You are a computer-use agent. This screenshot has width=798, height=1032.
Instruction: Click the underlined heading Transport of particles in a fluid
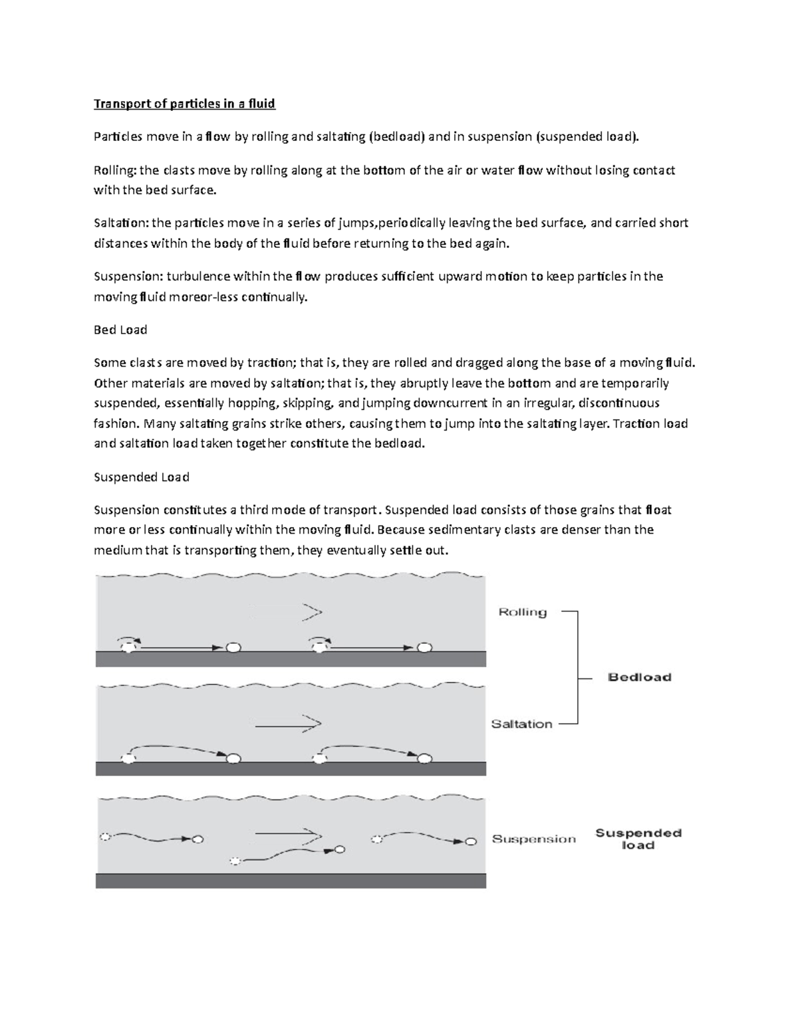(184, 104)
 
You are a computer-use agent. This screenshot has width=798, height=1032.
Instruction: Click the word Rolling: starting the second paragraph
(115, 171)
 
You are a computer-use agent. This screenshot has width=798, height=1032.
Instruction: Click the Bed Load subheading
(120, 330)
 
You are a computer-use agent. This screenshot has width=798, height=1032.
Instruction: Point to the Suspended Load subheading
(141, 477)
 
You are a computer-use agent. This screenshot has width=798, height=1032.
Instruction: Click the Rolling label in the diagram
(522, 612)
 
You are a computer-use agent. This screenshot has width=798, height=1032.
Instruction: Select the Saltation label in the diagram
(521, 724)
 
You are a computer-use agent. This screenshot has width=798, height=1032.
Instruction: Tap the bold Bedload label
(640, 677)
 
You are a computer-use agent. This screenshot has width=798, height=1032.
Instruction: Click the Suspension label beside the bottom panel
(533, 839)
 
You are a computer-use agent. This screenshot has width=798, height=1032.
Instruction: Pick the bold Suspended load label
(638, 839)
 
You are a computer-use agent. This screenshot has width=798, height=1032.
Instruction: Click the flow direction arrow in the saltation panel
(288, 724)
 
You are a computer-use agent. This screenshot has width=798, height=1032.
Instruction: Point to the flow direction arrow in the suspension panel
(288, 833)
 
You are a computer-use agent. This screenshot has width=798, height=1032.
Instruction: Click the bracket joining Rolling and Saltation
(577, 668)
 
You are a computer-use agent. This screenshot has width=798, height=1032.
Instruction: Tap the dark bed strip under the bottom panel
(291, 880)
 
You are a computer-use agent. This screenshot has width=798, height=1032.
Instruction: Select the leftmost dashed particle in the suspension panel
(104, 837)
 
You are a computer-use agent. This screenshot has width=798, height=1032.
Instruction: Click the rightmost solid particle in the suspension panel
(471, 841)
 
